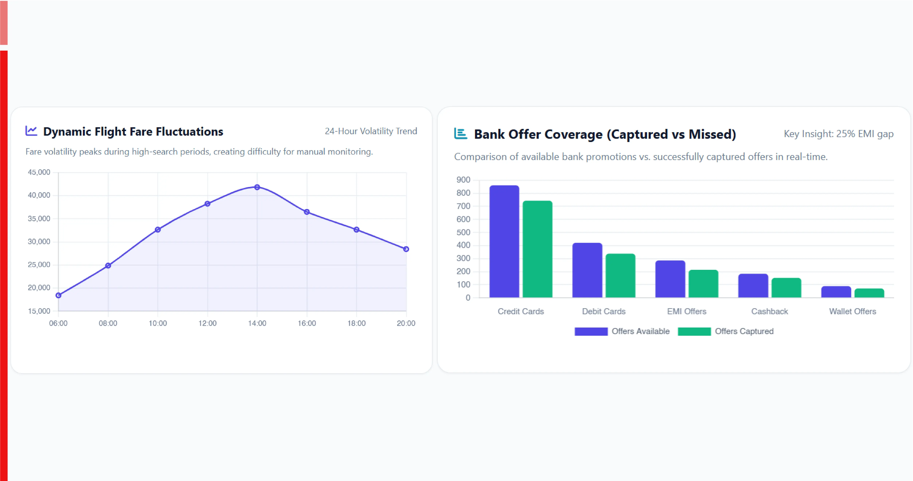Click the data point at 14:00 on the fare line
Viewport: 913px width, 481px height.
(257, 187)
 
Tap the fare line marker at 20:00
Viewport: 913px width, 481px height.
(406, 249)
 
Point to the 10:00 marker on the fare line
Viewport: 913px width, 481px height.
(158, 230)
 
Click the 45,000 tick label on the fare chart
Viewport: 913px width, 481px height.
(39, 172)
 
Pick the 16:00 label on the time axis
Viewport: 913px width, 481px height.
(307, 323)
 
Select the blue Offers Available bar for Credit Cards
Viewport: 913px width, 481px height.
(504, 241)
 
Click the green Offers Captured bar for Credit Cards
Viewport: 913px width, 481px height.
(537, 249)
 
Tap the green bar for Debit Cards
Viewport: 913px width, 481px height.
(620, 276)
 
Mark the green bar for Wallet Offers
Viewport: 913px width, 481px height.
(869, 293)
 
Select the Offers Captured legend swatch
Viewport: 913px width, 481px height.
(694, 331)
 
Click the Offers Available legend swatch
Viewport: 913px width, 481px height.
(591, 331)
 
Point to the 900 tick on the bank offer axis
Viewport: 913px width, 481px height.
(463, 180)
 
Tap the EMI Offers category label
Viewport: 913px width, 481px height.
(687, 311)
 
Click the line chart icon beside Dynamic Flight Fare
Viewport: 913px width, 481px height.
(31, 131)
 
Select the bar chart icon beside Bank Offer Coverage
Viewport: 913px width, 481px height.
(460, 133)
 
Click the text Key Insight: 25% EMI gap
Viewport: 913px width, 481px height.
(838, 134)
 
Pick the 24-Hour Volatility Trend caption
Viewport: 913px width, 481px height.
(371, 131)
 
